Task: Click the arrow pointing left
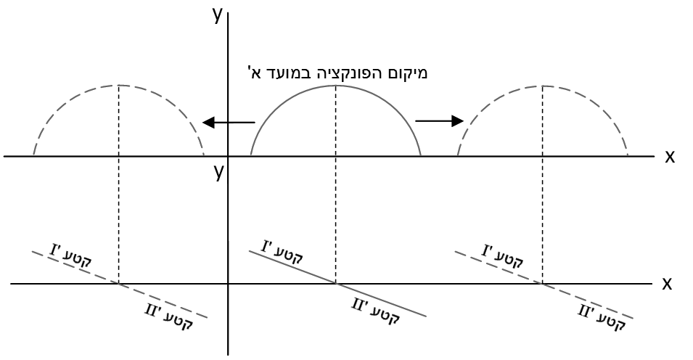229,122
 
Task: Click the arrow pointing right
439,120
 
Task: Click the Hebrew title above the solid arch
337,72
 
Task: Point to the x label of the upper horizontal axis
670,156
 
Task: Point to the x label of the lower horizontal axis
667,283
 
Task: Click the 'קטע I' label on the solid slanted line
282,252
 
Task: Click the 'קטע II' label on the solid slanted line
376,311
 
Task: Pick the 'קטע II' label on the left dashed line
169,316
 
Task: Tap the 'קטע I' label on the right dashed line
502,256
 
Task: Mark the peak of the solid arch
336,85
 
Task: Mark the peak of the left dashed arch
118,85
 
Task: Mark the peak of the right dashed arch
542,86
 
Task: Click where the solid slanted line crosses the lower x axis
336,284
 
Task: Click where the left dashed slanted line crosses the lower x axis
118,284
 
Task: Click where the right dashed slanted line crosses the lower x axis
542,284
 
